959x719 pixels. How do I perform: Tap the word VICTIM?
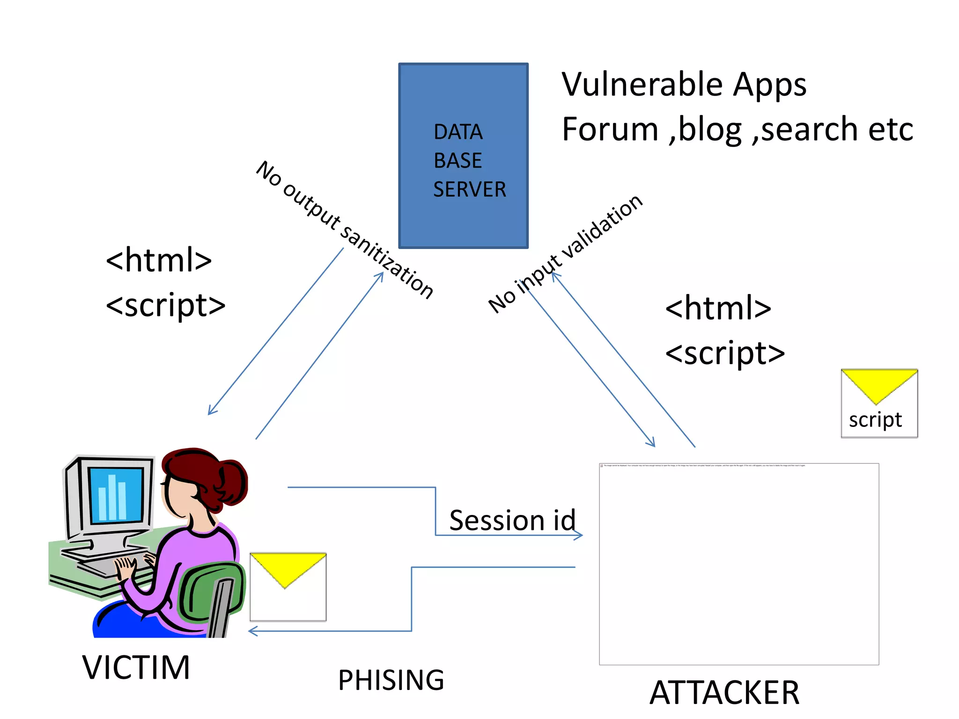click(136, 667)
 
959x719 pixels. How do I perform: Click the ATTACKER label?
click(724, 692)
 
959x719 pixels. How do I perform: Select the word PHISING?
click(391, 680)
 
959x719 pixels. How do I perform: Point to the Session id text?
click(512, 520)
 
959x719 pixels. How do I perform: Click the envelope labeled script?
click(879, 404)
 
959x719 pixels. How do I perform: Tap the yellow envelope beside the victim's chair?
click(288, 587)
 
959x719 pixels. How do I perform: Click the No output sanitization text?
click(344, 229)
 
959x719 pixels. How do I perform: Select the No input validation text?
click(565, 254)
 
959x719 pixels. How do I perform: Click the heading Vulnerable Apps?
click(684, 85)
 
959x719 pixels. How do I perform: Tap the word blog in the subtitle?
click(709, 130)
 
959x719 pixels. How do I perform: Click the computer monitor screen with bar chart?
click(115, 495)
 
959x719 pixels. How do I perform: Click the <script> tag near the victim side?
click(166, 305)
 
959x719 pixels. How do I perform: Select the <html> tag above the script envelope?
click(718, 308)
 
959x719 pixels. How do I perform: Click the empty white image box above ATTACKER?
click(738, 564)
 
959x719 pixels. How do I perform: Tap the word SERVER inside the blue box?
click(469, 190)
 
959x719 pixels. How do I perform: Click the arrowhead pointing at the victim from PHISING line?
click(252, 631)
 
